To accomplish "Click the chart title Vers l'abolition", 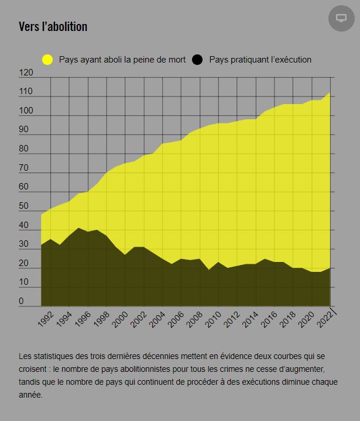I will pos(53,27).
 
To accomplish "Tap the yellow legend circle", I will pos(47,60).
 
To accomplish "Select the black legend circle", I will pos(197,60).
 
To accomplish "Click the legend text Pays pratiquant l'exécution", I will pos(260,60).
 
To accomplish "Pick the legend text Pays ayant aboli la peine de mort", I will pos(122,60).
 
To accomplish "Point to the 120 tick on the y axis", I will pos(26,73).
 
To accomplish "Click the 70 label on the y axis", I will pos(24,168).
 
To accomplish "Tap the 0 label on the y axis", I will pos(22,302).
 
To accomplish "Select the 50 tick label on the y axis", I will pos(24,206).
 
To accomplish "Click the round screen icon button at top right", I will pos(341,18).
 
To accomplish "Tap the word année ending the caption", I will pos(30,395).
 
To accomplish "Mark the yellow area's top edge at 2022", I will pos(330,92).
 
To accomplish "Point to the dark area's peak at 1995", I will pos(78,228).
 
